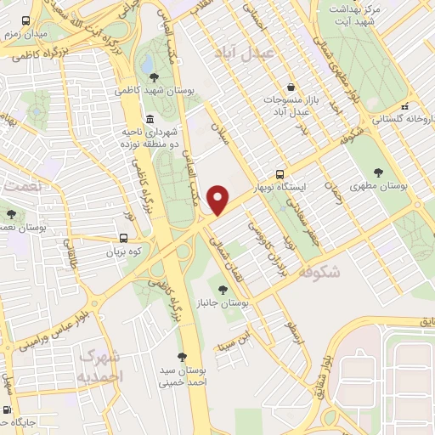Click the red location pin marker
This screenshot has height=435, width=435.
pos(220,199)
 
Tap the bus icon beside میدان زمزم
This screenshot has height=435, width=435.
pos(27,20)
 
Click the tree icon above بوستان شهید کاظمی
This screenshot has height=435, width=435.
pos(153,77)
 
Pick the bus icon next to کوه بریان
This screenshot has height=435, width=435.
pos(126,240)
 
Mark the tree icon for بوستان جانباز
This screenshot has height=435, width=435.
pos(223,290)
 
